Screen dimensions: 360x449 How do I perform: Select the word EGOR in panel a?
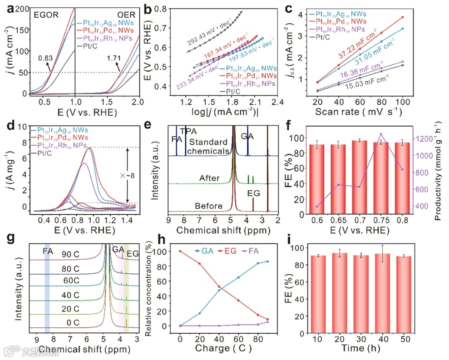pyautogui.click(x=46, y=15)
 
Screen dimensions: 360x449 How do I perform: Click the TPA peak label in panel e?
pyautogui.click(x=187, y=131)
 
